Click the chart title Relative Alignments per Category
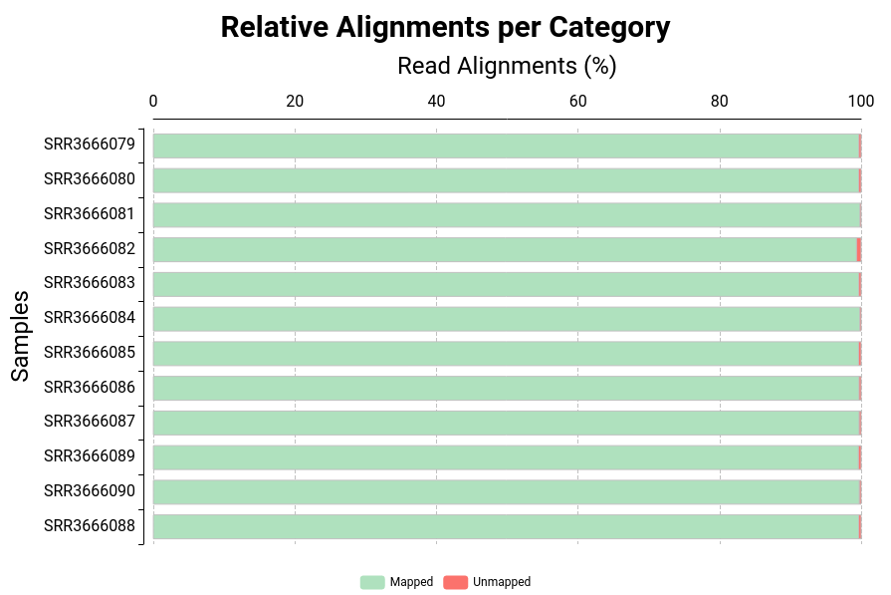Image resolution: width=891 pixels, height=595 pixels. click(x=445, y=28)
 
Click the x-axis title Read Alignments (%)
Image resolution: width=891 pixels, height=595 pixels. click(x=507, y=66)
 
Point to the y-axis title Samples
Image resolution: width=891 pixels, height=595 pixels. click(x=21, y=336)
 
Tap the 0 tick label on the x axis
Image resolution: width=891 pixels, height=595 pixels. click(x=152, y=101)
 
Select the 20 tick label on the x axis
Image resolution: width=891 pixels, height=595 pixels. click(x=295, y=101)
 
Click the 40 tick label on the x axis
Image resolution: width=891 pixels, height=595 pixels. click(x=436, y=101)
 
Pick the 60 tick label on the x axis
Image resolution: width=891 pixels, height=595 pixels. click(x=577, y=101)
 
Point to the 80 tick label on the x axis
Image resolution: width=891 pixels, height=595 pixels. click(x=719, y=101)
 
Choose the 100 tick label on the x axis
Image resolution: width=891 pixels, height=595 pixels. click(x=860, y=101)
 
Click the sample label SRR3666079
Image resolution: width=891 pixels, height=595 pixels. click(x=90, y=145)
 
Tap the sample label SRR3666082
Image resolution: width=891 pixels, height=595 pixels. click(x=90, y=249)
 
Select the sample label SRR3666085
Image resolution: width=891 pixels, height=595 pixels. click(x=90, y=353)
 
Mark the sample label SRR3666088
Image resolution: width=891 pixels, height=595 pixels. click(x=90, y=526)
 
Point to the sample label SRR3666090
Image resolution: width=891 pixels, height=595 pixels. click(x=90, y=491)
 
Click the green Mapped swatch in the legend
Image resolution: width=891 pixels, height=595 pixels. click(x=372, y=582)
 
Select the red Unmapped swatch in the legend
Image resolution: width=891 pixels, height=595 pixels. click(x=455, y=582)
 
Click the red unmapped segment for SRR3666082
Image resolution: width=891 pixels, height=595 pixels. click(x=858, y=249)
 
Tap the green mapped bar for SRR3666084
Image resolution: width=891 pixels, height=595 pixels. click(x=506, y=319)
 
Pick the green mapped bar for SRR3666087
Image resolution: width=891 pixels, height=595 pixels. click(x=506, y=423)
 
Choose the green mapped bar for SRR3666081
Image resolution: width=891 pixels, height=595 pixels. click(x=506, y=214)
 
